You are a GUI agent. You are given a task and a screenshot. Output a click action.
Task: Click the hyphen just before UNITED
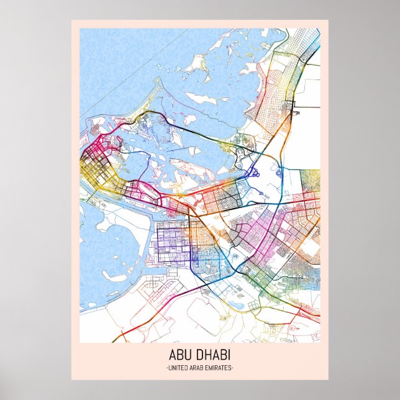click(x=168, y=368)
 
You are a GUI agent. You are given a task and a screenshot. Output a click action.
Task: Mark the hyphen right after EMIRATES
click(x=232, y=368)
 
